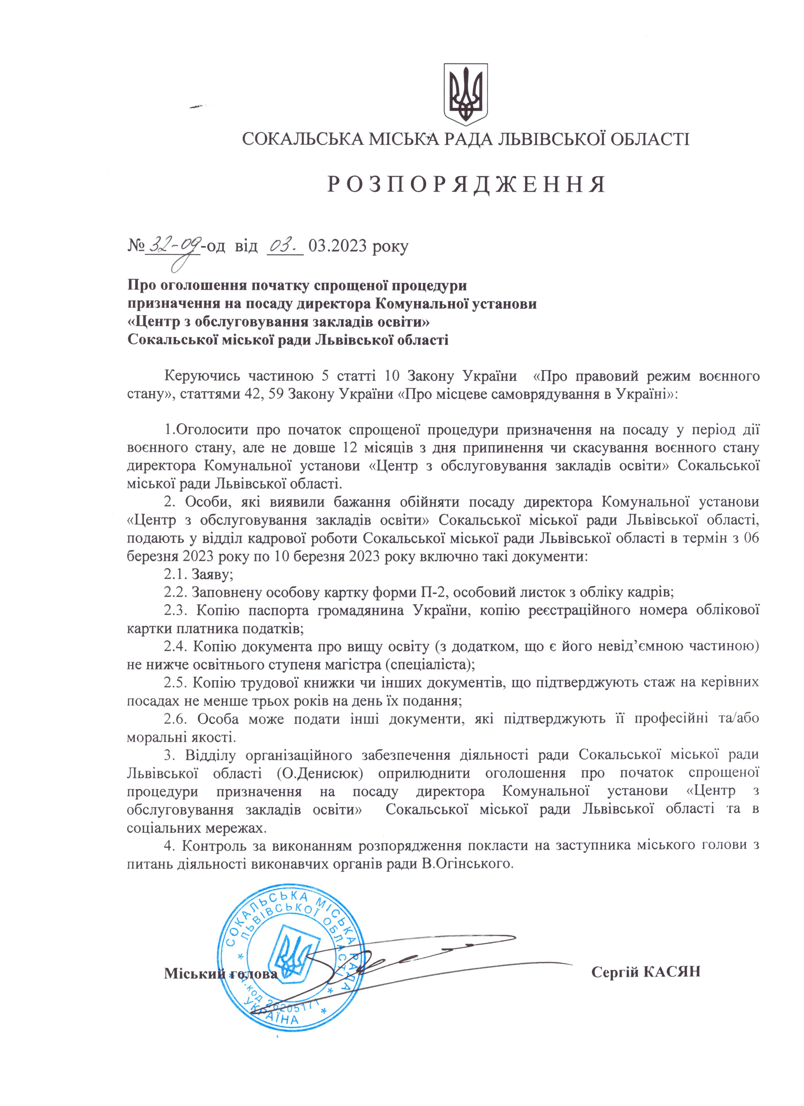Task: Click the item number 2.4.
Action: point(175,646)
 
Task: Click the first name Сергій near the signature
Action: point(615,958)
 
